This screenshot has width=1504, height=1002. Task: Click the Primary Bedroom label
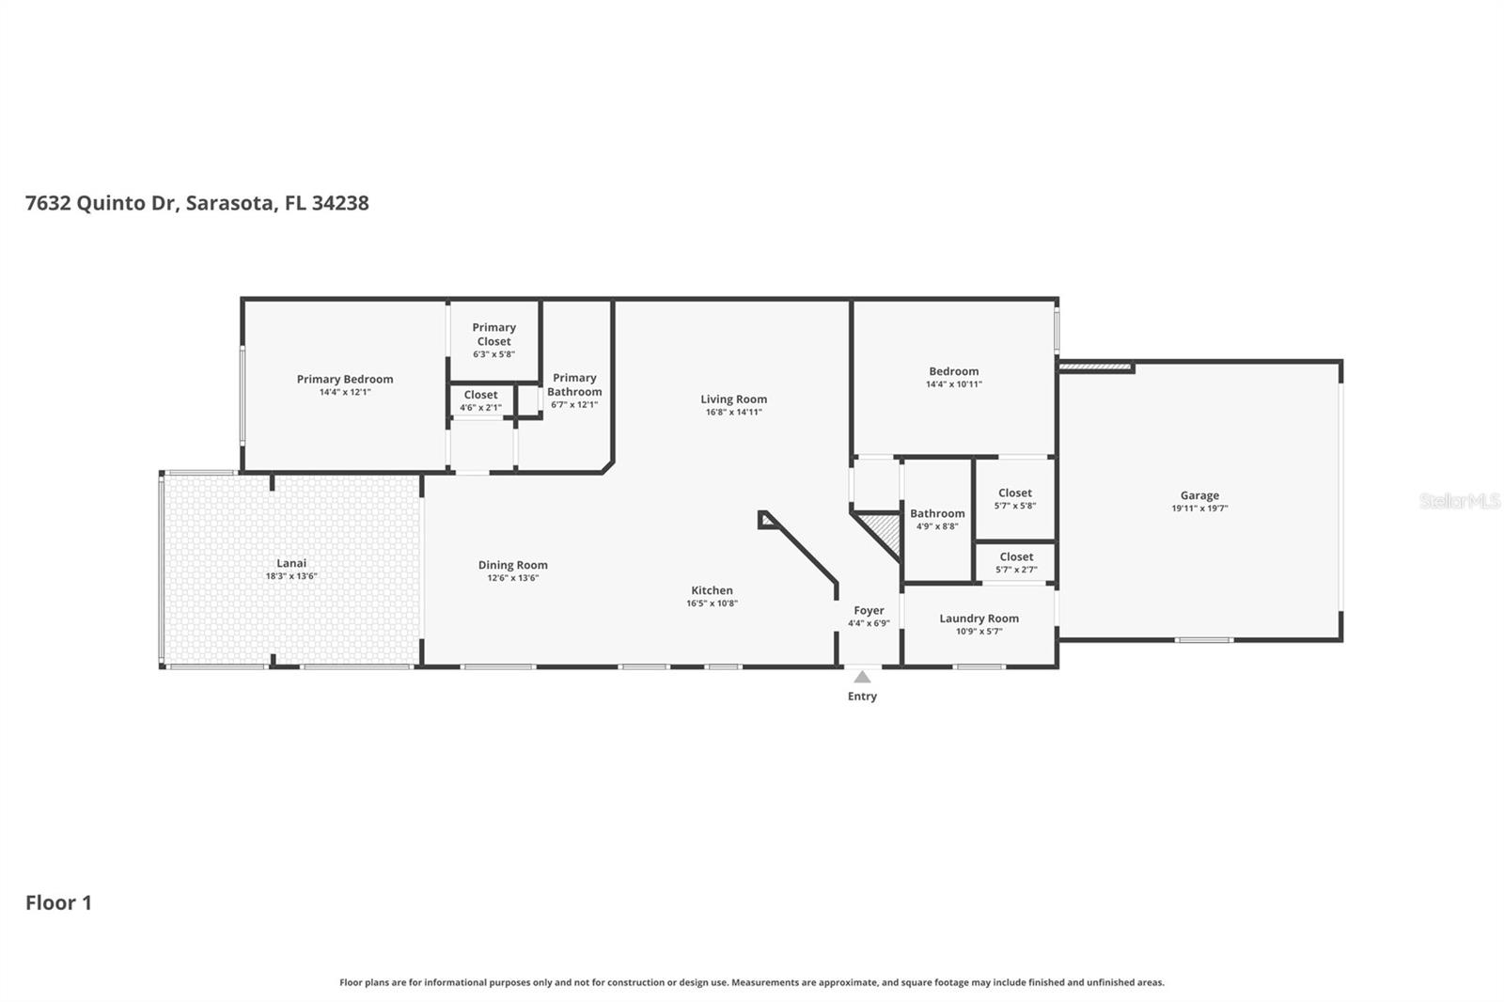tap(345, 379)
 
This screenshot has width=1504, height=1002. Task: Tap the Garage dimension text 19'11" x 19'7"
tap(1199, 509)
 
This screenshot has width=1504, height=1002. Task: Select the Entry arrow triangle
tap(862, 677)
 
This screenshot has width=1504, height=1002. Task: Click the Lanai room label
tap(291, 563)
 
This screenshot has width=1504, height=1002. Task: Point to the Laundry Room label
tap(979, 618)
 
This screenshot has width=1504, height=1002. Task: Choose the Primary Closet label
tap(493, 334)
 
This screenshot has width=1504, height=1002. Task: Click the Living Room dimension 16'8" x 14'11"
tap(733, 413)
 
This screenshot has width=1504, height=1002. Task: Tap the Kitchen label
tap(712, 590)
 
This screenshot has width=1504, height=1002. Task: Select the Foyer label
tap(869, 610)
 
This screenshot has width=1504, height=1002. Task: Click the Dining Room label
tap(512, 565)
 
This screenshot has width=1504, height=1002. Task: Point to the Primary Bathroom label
tap(574, 384)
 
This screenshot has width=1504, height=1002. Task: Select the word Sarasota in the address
tap(230, 203)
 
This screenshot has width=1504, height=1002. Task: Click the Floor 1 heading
tap(58, 903)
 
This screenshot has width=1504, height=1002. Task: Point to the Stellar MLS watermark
tap(1460, 501)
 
